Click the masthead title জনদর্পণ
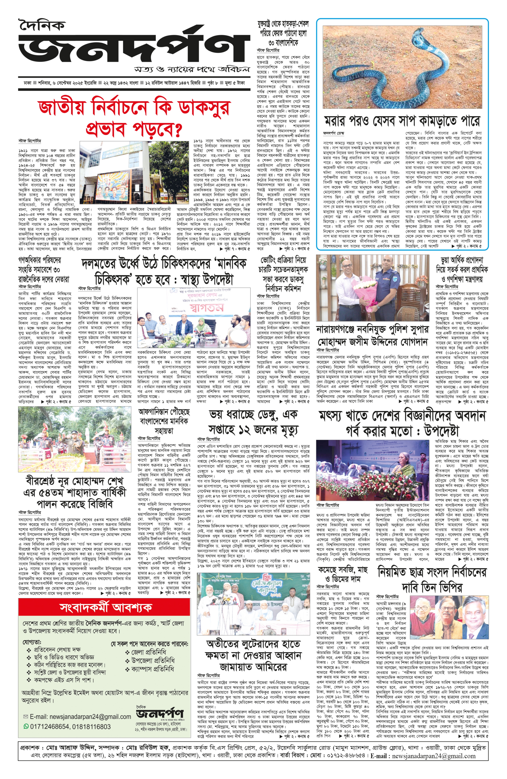coord(131,46)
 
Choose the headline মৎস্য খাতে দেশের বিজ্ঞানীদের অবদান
coord(402,423)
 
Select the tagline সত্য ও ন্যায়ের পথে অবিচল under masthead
coord(192,70)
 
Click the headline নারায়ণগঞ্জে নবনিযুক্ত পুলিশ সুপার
coord(372,335)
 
